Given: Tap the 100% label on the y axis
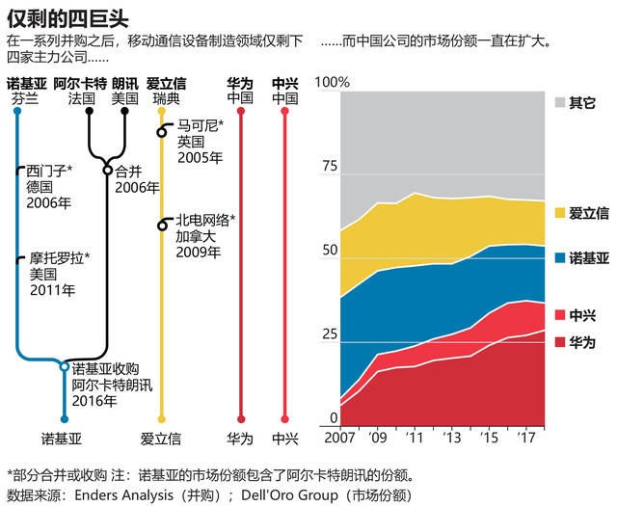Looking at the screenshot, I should [x=334, y=83].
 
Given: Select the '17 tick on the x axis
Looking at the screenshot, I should [x=525, y=438].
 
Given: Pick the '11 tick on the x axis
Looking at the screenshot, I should [x=415, y=438].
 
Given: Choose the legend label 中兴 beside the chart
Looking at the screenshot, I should [x=582, y=314].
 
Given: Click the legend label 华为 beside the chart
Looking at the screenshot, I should [x=582, y=342].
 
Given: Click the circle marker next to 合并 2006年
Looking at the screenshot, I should [x=108, y=172].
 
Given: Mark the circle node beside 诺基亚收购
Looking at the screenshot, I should [x=65, y=367].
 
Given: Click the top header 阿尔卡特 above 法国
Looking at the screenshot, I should [x=80, y=84].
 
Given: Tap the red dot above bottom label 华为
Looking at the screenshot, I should [x=240, y=419].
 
